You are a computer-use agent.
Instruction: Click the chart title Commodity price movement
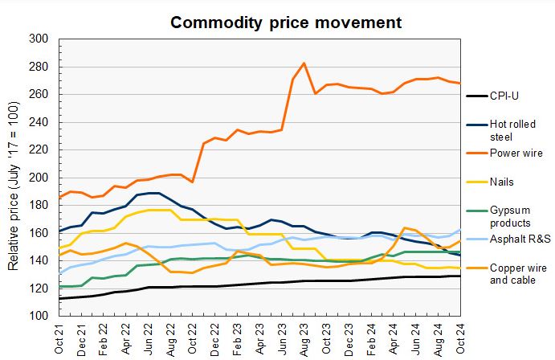click(x=286, y=22)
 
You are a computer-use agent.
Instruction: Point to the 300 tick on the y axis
click(x=39, y=39)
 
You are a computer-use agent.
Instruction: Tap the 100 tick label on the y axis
click(x=39, y=316)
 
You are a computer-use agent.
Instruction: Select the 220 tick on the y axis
click(x=39, y=149)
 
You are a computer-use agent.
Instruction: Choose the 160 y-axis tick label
click(x=39, y=233)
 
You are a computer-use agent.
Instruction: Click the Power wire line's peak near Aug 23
click(x=304, y=63)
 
